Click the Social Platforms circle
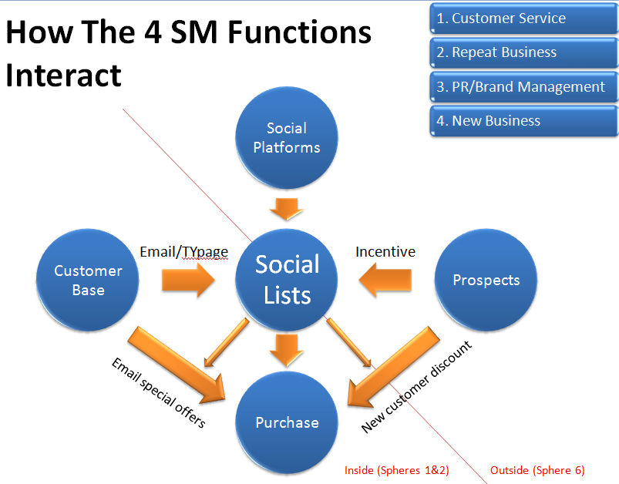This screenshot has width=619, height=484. (287, 137)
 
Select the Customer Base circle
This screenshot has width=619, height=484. (88, 281)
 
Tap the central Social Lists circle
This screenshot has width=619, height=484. (288, 279)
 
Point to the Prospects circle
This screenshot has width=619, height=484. (486, 281)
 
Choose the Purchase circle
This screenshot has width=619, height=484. (287, 422)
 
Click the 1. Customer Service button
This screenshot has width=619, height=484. (523, 18)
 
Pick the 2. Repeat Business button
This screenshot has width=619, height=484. (523, 52)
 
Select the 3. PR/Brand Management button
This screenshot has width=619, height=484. (523, 87)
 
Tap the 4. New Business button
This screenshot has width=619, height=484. (523, 121)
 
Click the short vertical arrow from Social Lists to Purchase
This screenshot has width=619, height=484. (287, 349)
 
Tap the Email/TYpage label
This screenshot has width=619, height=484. (183, 251)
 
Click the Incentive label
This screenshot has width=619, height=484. (385, 251)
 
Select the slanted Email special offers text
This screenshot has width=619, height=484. (158, 393)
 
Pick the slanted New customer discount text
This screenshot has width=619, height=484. (416, 386)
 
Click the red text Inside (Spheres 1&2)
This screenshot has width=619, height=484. (396, 470)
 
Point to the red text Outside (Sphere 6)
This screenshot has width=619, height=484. (537, 470)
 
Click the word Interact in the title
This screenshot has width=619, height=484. (64, 76)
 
